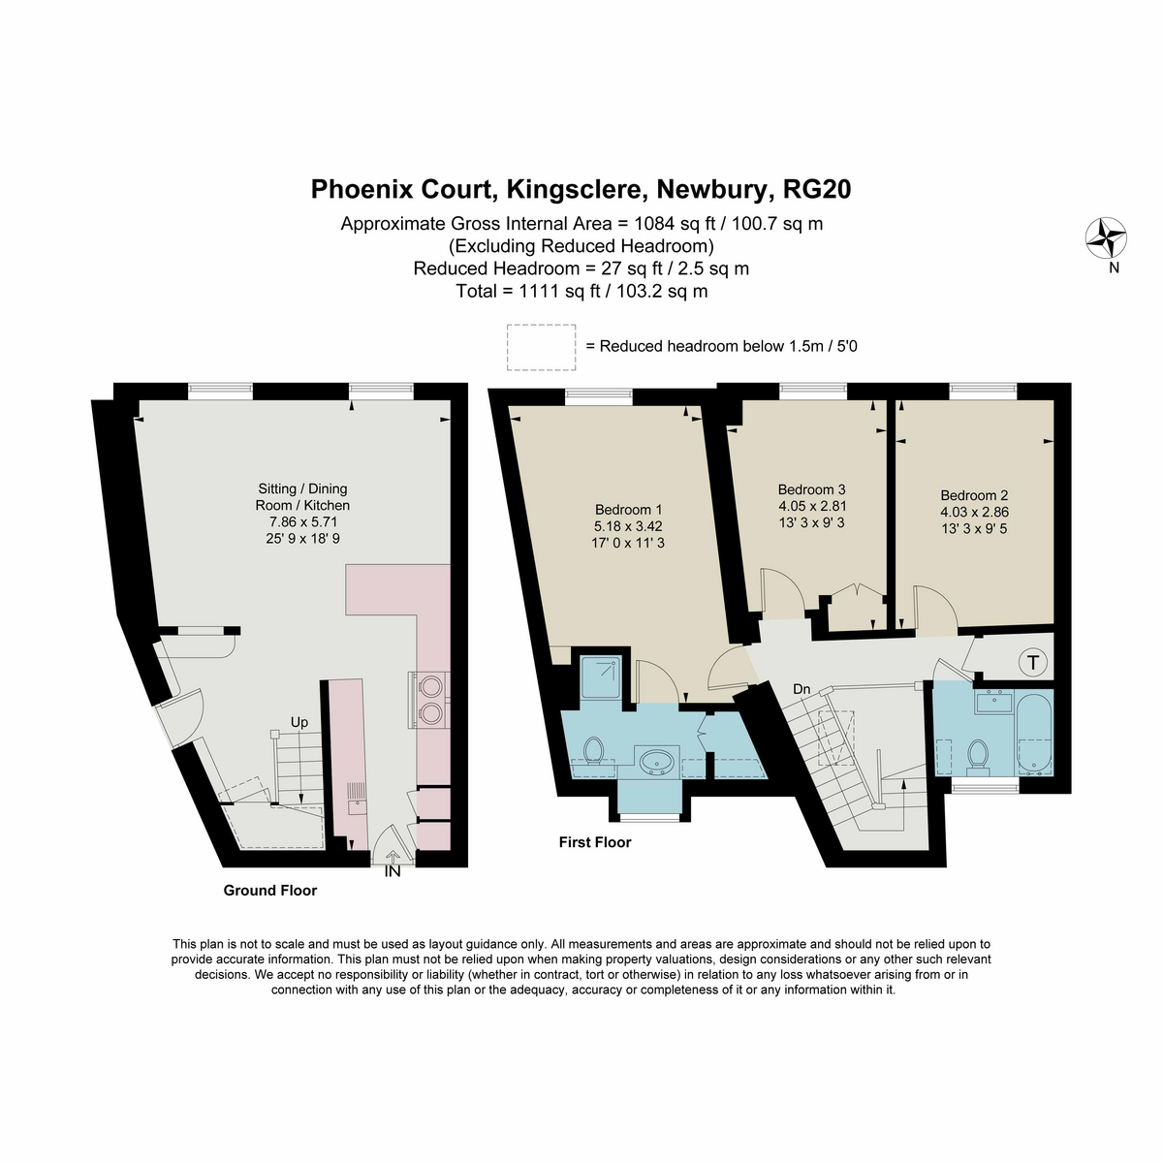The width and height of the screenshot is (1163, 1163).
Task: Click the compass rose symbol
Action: [1106, 237]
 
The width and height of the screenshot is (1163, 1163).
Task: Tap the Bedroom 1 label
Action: [628, 510]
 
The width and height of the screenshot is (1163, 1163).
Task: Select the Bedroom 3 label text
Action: [811, 489]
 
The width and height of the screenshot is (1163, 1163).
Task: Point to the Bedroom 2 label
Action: [974, 495]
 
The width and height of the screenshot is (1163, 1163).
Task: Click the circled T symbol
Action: [1032, 663]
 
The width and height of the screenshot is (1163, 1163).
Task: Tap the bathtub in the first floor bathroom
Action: [1035, 734]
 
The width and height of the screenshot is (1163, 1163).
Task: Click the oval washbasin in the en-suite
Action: [657, 762]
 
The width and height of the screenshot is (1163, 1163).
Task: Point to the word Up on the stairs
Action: [299, 722]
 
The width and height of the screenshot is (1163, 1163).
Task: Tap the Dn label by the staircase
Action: [802, 689]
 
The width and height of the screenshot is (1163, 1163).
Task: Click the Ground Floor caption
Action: [269, 891]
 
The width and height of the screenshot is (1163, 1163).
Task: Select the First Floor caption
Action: [594, 842]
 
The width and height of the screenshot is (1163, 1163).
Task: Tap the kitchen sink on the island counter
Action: [358, 800]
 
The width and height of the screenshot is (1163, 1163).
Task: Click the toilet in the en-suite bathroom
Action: [594, 750]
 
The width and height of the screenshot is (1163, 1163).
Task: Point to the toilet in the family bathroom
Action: [977, 758]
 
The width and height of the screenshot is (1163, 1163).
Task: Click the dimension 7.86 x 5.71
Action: [303, 521]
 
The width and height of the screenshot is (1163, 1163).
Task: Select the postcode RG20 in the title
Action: [817, 189]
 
